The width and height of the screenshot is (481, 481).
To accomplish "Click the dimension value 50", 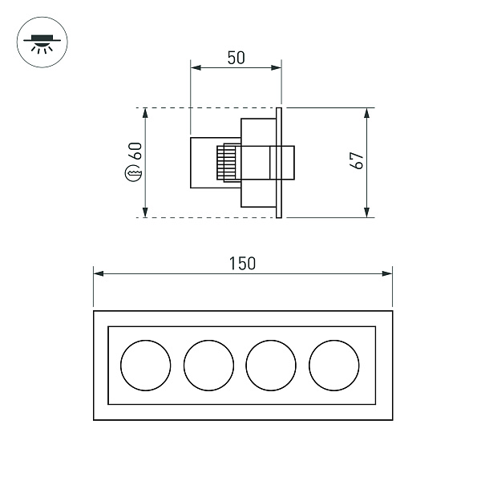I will [235, 57].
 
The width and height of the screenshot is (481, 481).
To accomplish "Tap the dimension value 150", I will [242, 262].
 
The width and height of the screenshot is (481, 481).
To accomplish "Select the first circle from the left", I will [146, 365].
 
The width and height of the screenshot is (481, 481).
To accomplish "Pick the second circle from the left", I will [209, 365].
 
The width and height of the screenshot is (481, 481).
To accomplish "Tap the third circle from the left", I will [272, 365].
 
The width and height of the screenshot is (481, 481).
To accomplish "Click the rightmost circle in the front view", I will [334, 365].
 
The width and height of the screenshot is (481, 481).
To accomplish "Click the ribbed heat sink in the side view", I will [228, 163].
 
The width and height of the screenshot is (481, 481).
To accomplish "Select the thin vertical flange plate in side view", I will [279, 162].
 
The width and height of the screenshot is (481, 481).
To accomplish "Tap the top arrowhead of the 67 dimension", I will [367, 111].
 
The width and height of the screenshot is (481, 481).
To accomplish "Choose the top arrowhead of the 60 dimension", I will [145, 111].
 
